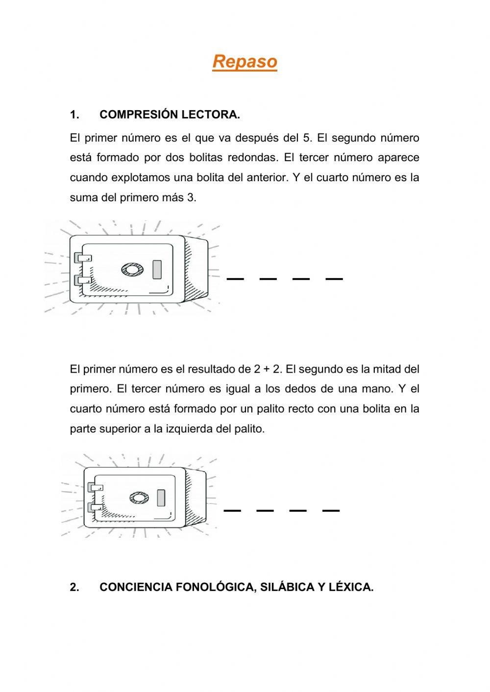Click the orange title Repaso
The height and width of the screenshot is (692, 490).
coord(245,62)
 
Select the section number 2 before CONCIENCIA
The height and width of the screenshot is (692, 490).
coord(74,587)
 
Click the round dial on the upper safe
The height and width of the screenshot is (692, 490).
coord(132,269)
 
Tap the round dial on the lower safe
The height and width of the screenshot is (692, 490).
coord(139,498)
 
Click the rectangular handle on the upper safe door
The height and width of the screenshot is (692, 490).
coord(157,269)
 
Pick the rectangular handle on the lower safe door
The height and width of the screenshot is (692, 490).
coord(161,498)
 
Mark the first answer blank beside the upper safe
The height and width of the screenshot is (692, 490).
coord(235,279)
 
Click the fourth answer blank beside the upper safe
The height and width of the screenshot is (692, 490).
coord(334,279)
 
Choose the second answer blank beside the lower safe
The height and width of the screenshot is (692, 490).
coord(265,511)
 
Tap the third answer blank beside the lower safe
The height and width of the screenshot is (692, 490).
coord(298,511)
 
